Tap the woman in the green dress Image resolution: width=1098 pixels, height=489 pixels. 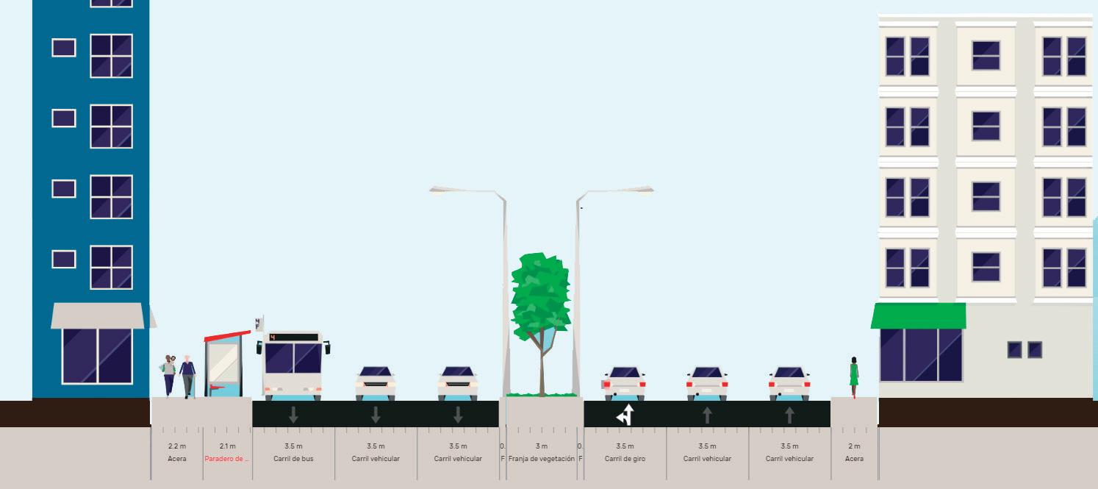coord(854,375)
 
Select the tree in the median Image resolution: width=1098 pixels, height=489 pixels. coord(541,301)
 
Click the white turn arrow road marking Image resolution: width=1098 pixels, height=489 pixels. coord(625,415)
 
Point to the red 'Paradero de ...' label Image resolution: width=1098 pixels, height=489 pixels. coord(228,459)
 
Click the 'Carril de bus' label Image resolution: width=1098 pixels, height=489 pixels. coord(293,459)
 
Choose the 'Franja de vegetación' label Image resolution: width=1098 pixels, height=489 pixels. coord(542,459)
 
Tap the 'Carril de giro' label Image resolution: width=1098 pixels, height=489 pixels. coord(625,459)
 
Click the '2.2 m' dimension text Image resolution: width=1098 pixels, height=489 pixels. coord(176,446)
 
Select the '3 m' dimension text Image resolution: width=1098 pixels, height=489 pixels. coord(542,446)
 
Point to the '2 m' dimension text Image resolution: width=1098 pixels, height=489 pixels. coord(854,446)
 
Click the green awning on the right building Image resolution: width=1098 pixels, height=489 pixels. coord(919,315)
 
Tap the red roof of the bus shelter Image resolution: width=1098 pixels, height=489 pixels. coord(227,336)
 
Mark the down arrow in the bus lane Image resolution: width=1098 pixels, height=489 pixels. coord(293,415)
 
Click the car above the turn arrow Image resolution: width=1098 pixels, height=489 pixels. coord(625,383)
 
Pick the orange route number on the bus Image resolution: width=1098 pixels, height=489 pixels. coord(273,338)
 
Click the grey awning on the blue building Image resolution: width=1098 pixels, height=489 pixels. coord(98,315)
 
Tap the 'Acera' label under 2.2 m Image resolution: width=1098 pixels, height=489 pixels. coord(176,459)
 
